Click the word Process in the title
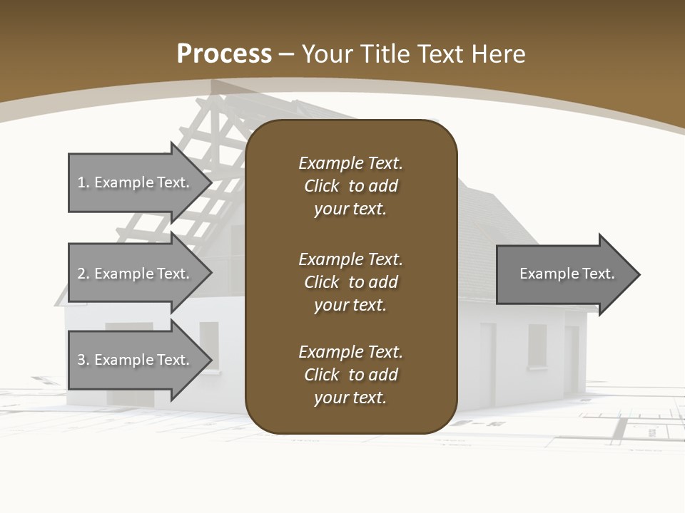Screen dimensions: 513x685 click(224, 54)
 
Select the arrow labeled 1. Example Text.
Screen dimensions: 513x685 click(136, 182)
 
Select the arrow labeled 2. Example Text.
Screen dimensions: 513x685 click(136, 274)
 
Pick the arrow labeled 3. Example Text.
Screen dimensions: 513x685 click(136, 360)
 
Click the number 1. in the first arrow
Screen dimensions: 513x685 click(83, 182)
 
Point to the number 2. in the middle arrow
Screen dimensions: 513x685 click(83, 274)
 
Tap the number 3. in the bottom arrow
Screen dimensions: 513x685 click(83, 360)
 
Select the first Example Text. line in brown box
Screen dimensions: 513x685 click(350, 163)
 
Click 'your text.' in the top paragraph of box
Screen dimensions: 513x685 click(350, 209)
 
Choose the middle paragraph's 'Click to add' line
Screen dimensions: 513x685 click(350, 282)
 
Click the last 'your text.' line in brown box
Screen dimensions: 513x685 click(350, 398)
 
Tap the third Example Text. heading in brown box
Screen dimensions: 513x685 click(350, 352)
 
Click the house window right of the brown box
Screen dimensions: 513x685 click(537, 346)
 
